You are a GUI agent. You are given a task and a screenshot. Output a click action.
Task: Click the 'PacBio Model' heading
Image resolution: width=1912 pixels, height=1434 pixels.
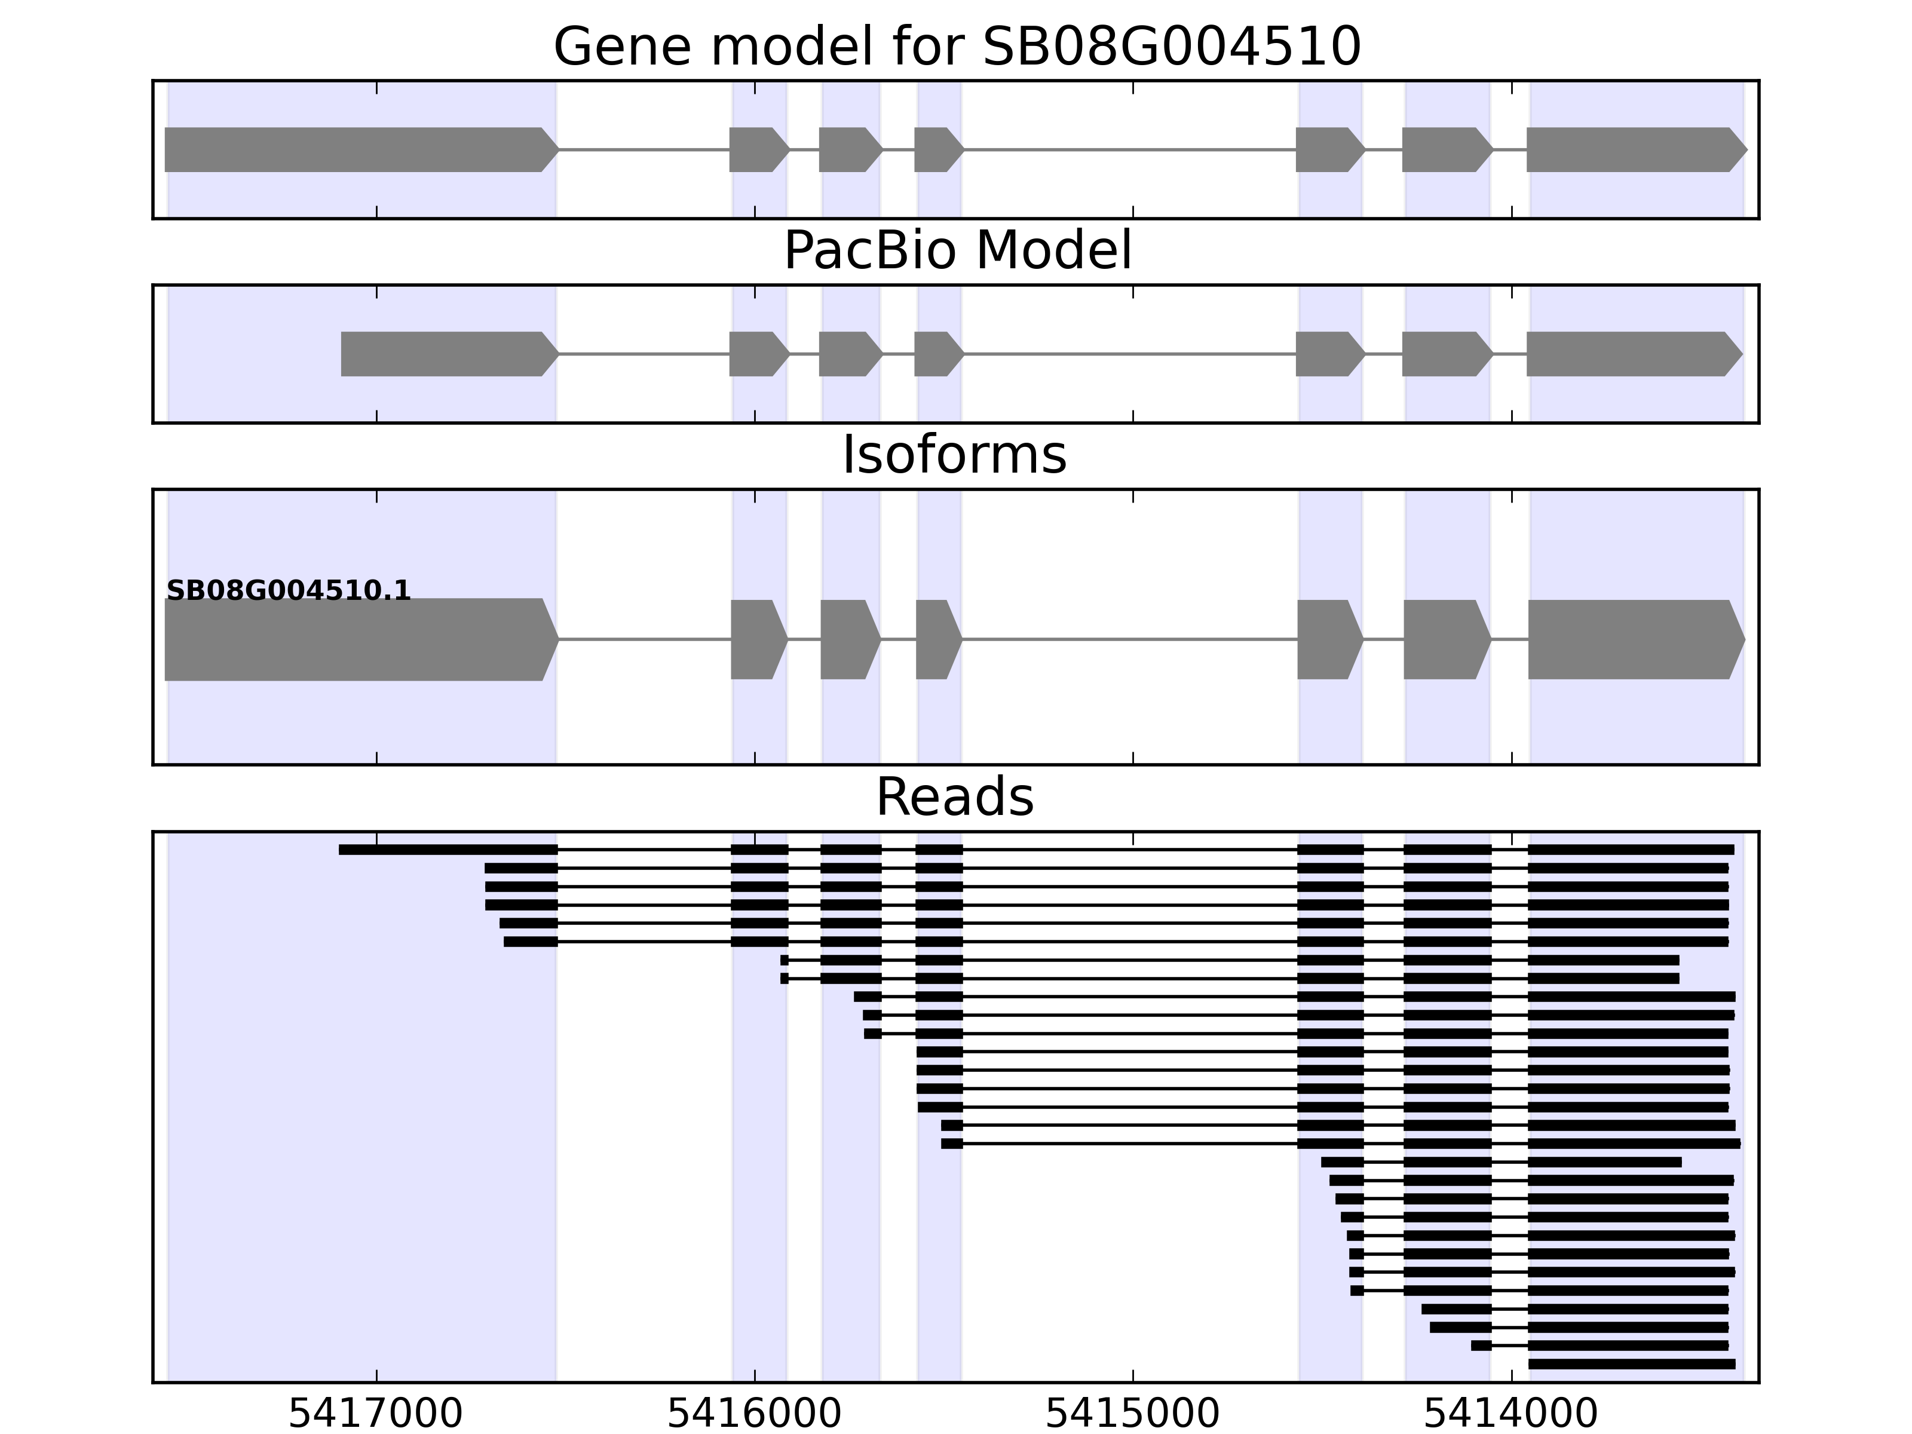click(x=956, y=251)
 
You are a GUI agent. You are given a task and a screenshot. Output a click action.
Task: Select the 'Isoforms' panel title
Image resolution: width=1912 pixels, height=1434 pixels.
click(x=954, y=455)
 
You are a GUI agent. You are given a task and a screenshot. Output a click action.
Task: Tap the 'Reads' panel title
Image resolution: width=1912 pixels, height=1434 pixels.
click(x=954, y=798)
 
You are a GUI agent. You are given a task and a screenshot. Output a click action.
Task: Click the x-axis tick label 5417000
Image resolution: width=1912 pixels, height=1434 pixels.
click(x=376, y=1414)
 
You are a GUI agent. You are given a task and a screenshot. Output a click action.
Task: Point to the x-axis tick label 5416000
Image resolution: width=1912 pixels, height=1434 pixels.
click(x=755, y=1414)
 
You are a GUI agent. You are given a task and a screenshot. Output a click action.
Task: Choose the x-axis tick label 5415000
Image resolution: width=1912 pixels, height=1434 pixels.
click(x=1132, y=1414)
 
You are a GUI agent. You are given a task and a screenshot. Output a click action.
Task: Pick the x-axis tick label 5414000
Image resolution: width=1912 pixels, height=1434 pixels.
click(x=1511, y=1414)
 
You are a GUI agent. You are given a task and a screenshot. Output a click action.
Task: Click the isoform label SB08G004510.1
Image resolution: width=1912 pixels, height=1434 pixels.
click(x=289, y=592)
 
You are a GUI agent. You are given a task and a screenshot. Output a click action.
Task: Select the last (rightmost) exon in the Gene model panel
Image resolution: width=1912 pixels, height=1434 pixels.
click(x=1634, y=149)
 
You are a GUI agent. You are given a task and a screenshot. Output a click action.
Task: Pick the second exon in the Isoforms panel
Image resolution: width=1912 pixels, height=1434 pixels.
click(x=757, y=640)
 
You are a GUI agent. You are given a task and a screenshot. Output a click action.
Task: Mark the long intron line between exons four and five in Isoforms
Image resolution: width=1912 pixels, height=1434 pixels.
click(x=1129, y=640)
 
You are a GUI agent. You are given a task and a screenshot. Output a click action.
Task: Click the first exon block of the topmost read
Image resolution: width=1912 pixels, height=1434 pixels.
click(x=448, y=850)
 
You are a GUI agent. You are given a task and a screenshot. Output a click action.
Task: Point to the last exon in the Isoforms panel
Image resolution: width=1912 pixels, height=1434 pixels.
click(x=1634, y=640)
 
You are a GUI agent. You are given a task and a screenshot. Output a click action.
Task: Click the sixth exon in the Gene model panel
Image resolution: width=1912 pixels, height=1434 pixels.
click(x=1445, y=149)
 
